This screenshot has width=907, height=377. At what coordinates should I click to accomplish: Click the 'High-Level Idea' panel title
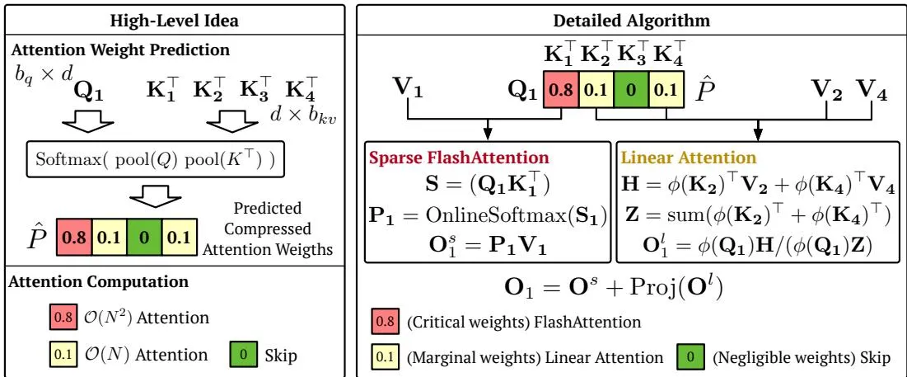click(x=175, y=21)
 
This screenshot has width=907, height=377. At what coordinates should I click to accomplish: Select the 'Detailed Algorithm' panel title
click(x=631, y=21)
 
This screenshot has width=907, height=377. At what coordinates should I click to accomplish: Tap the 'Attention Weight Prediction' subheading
click(x=119, y=49)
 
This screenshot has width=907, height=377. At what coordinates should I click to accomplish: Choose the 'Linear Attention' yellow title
click(x=689, y=157)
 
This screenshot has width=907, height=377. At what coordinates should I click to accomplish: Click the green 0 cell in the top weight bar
click(x=631, y=90)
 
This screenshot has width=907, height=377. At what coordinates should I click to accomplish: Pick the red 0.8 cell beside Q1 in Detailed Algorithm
click(x=560, y=90)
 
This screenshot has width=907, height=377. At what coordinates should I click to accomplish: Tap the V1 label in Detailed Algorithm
click(x=409, y=91)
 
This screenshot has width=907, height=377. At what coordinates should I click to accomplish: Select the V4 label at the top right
click(x=872, y=91)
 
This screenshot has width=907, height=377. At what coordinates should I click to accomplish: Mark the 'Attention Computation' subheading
click(x=99, y=282)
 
